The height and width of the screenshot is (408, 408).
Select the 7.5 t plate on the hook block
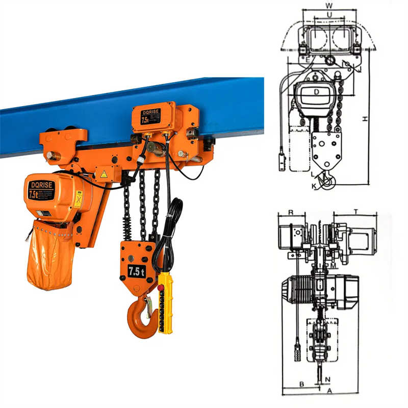coord(136,271)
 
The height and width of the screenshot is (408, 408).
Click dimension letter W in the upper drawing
coord(329,6)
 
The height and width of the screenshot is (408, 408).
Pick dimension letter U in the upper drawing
coord(329,15)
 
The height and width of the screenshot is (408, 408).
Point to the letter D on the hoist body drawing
coord(316,92)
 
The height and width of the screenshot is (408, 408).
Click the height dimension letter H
coord(365,118)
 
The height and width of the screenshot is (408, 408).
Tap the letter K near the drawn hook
coord(314,187)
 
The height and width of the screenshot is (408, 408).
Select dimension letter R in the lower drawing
coord(290,211)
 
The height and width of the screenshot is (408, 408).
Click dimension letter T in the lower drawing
coord(355,211)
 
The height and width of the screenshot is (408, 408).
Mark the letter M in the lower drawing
coord(332,266)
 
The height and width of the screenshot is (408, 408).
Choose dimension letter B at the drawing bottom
coord(301,384)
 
